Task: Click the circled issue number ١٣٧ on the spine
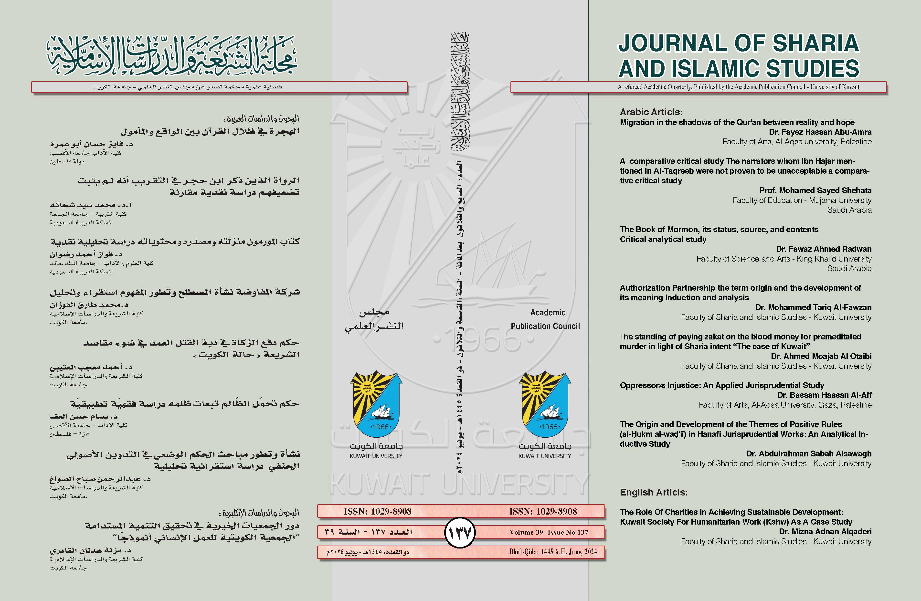(459, 533)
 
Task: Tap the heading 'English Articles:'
(654, 492)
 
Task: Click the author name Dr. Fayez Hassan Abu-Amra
(820, 132)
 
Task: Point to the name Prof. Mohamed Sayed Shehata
(815, 190)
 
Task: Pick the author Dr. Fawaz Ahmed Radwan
(824, 249)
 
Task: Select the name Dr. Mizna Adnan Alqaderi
(825, 532)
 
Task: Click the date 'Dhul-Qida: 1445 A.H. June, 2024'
(553, 552)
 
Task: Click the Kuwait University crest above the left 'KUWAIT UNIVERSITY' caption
(376, 404)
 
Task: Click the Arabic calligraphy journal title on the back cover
(172, 56)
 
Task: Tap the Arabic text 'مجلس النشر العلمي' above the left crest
(374, 319)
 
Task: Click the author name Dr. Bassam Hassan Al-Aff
(824, 395)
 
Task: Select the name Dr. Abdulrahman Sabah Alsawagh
(809, 453)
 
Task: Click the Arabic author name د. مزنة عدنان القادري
(91, 550)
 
